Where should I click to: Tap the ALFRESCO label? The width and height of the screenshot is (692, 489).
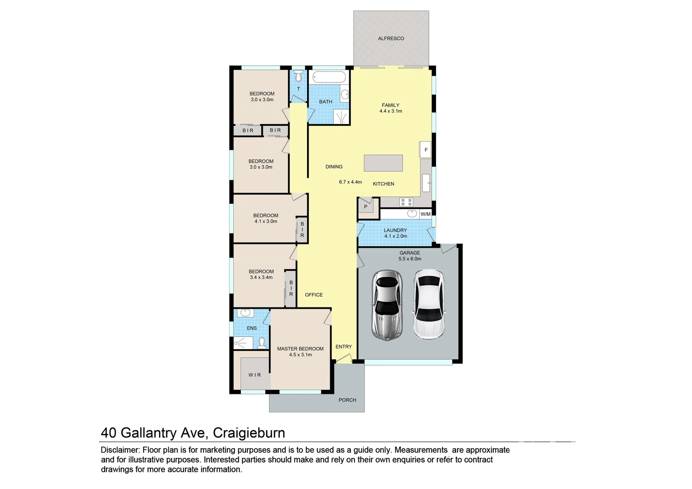tap(391, 38)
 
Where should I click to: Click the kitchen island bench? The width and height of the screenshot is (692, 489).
tap(383, 163)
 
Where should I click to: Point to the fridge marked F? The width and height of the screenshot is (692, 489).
tap(425, 149)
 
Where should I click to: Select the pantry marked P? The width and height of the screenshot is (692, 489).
tap(366, 206)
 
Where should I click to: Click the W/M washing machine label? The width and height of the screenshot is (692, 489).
tap(425, 214)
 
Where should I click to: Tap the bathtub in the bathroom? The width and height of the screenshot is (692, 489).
tap(329, 77)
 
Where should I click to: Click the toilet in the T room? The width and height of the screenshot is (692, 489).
tap(298, 75)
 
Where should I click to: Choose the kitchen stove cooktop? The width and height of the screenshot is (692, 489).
tap(406, 202)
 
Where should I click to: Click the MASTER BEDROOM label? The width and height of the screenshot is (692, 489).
tap(300, 349)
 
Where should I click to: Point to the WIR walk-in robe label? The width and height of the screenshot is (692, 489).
tap(255, 375)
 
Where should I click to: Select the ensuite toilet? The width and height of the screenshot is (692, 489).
tap(261, 343)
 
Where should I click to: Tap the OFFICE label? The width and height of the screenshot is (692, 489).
tap(314, 295)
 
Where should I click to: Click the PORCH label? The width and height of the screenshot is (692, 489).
tap(347, 400)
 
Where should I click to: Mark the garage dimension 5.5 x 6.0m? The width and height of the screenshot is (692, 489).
tap(409, 259)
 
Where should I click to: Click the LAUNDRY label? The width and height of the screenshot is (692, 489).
tap(395, 230)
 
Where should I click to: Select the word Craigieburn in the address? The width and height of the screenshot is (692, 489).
tap(249, 433)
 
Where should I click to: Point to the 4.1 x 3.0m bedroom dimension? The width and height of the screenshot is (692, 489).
tap(265, 221)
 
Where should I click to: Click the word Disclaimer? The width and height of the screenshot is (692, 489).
tap(120, 450)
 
